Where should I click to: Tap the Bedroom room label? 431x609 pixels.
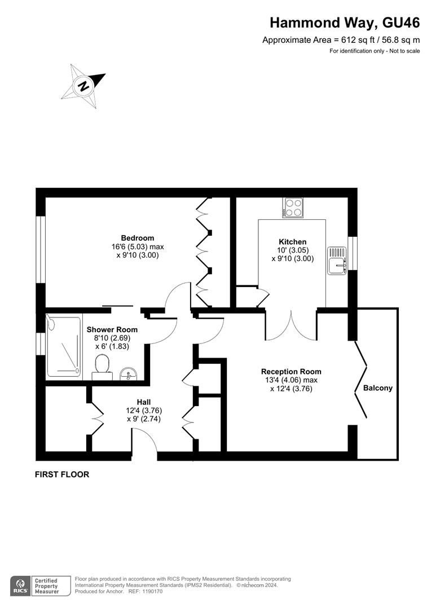137,238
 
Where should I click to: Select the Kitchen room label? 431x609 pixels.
292,242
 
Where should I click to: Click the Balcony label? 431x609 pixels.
377,388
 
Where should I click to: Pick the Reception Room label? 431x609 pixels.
291,372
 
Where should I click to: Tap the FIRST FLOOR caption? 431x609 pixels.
62,474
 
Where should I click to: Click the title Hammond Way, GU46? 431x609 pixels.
345,23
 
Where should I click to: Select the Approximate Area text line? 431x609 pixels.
341,40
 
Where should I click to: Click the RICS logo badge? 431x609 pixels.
20,585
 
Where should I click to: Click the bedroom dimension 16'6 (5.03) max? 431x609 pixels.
138,246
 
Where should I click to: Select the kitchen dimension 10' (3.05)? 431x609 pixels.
292,250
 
